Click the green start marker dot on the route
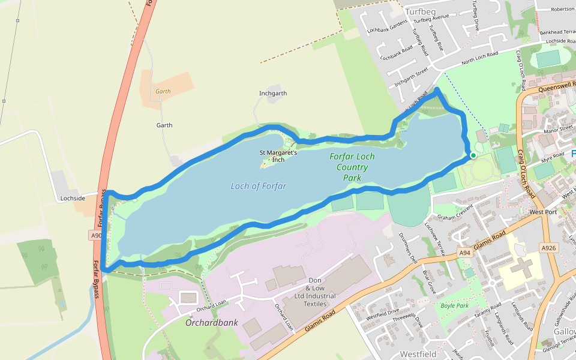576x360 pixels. tap(473, 155)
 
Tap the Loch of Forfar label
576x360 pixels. tap(258, 186)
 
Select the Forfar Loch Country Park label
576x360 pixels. tap(352, 167)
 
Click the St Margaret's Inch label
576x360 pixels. tap(278, 156)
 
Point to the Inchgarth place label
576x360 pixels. tap(273, 94)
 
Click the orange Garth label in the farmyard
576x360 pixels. tap(163, 92)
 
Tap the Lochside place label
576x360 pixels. tap(72, 198)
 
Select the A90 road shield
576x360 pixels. tap(97, 236)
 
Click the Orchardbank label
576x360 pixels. tap(211, 323)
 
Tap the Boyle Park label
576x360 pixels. tap(454, 305)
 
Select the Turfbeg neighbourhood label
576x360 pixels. tap(419, 11)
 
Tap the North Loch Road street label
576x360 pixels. tap(479, 59)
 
